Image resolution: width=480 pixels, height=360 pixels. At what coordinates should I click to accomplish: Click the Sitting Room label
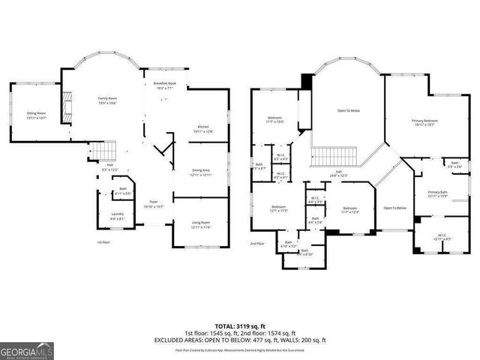point(36,115)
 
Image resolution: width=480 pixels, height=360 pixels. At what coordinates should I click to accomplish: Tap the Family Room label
point(108,100)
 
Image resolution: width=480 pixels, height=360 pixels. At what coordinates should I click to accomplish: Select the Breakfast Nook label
point(164,85)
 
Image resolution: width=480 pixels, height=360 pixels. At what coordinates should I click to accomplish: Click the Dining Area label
point(202,172)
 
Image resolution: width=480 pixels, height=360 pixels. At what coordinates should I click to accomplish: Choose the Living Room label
point(202,223)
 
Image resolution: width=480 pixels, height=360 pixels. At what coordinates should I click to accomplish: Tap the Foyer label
point(154,204)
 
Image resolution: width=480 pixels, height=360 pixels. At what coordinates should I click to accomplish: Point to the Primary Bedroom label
point(424,123)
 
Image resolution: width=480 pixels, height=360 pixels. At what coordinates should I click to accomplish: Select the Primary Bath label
point(437,194)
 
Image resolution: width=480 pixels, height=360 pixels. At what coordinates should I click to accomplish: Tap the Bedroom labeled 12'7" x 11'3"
point(278,208)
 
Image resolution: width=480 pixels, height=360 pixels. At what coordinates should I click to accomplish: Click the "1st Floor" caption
point(103,243)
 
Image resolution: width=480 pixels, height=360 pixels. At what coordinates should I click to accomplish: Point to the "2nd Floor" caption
point(257,244)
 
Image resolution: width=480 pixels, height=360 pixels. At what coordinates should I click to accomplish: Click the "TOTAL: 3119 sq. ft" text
point(240,326)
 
